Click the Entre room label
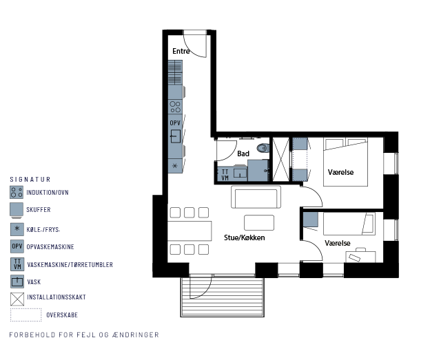coord(181,51)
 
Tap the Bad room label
coord(243,153)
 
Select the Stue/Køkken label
coord(245,237)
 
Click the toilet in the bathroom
coord(263,148)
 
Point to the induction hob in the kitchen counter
coord(175,107)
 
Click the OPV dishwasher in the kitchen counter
coord(175,123)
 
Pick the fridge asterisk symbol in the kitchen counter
coord(175,166)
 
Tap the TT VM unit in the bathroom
coord(225,174)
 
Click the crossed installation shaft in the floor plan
coord(281,159)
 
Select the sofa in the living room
coord(256,197)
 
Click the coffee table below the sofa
coord(259,222)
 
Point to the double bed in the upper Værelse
coord(345,162)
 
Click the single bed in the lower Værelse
coord(349,224)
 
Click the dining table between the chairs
coord(190,231)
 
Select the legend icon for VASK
coord(17,282)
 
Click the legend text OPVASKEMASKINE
coord(50,247)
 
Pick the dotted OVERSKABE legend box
coord(25,315)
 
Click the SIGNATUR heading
coord(30,180)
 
